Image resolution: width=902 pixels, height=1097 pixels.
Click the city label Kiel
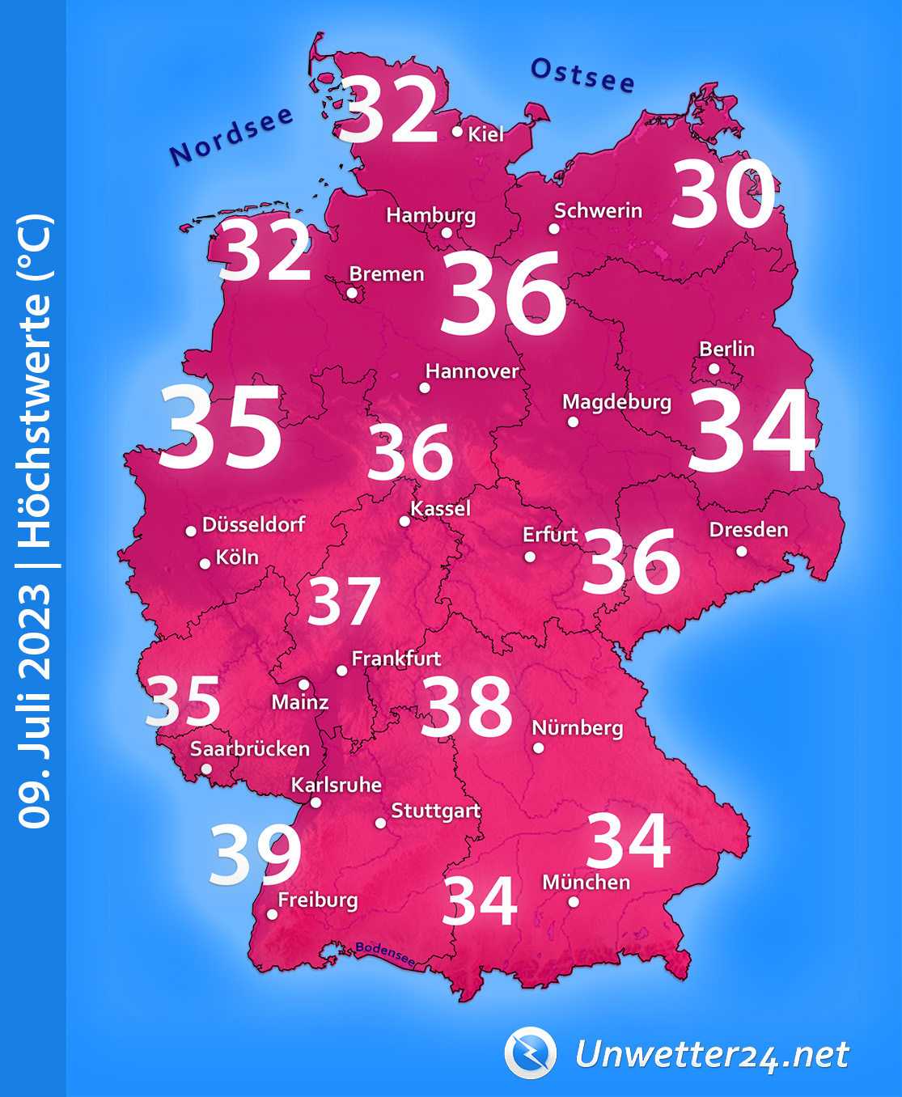pos(485,134)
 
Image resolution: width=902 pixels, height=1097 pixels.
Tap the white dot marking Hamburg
pos(447,233)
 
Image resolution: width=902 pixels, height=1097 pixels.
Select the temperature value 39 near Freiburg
pos(256,855)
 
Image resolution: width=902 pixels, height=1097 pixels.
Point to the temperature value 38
pos(467,707)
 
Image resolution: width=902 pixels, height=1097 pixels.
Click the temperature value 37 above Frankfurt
pos(344,602)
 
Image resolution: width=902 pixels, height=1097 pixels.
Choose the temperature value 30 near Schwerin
pos(722,195)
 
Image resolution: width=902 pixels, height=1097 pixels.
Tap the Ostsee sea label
pos(582,75)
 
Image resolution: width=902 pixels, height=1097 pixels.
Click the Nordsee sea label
pos(231,136)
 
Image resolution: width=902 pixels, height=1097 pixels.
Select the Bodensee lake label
pos(386,954)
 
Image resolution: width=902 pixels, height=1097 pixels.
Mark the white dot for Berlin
pos(714,369)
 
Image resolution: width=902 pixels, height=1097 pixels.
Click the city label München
pos(586,882)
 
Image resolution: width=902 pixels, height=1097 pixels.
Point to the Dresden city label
pos(748,530)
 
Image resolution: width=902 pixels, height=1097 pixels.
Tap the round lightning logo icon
pos(531,1053)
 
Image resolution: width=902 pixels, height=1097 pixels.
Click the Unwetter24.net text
pos(712,1055)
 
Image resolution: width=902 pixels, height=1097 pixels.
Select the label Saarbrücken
pos(250,749)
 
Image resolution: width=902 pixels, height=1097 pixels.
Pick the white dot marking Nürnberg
pos(539,748)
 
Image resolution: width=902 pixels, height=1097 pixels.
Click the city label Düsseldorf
pos(253,525)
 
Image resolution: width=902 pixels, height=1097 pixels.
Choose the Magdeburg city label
pos(616,402)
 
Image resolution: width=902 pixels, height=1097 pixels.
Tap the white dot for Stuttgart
pos(380,824)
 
